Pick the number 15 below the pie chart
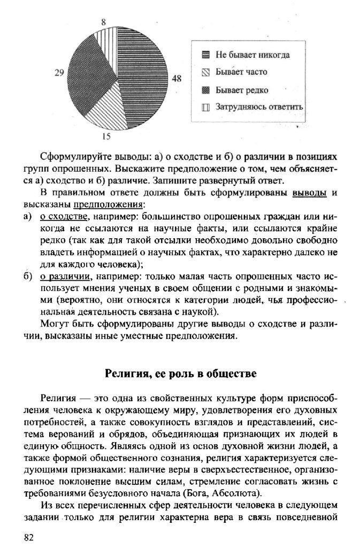106,137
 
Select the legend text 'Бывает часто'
241,72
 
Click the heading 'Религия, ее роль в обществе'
180,373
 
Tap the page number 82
29,537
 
